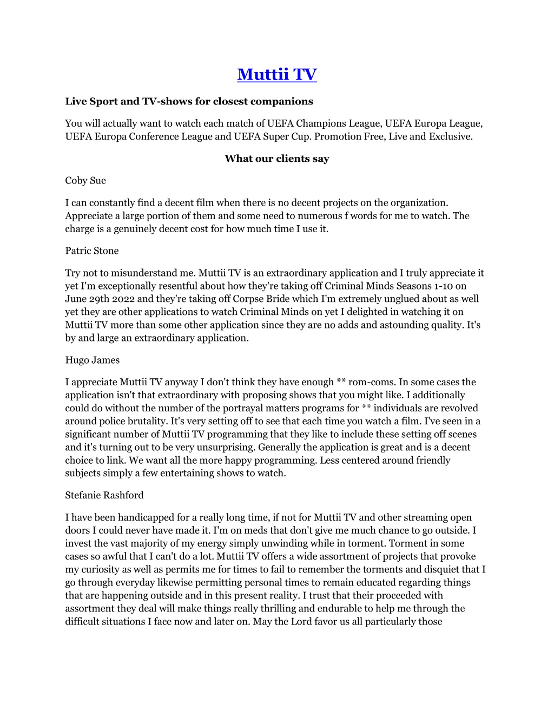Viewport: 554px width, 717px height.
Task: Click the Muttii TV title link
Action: tap(276, 74)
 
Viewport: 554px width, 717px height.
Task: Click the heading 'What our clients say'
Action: tap(276, 159)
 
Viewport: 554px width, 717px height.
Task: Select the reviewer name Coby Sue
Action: tap(85, 181)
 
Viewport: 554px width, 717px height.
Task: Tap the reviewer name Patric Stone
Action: tap(92, 251)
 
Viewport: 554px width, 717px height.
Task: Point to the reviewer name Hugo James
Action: tap(93, 360)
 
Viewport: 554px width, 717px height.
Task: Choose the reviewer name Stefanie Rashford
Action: tap(104, 495)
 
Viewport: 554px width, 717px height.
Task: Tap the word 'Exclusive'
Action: tap(450, 136)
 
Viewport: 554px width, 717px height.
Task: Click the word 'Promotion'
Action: tap(338, 136)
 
